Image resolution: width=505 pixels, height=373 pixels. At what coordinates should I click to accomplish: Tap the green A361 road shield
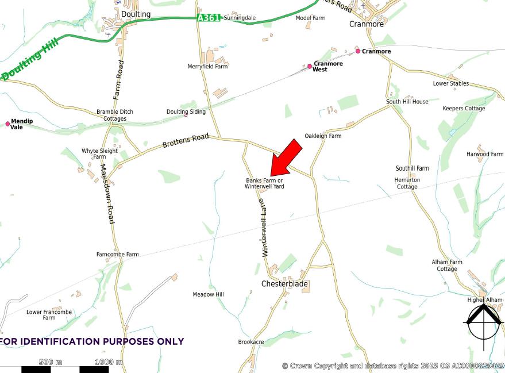point(208,18)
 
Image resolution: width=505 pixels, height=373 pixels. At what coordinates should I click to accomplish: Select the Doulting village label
point(136,14)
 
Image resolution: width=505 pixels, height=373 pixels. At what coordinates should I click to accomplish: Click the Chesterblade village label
point(284,284)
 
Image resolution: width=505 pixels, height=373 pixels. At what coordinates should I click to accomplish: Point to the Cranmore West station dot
point(310,67)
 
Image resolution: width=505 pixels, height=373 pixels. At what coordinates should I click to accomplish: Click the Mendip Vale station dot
point(7,124)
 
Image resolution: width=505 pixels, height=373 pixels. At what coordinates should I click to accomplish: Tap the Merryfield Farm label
point(207,67)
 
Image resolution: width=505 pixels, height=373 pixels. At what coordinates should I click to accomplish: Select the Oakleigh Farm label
point(323,136)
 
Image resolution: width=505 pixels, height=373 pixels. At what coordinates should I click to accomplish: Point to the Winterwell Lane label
point(264,228)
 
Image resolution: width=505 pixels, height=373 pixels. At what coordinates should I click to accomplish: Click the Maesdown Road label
point(108,194)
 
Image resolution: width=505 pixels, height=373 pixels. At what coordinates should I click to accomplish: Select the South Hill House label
point(407,102)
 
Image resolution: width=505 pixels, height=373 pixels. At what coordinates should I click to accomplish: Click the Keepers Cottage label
point(464,109)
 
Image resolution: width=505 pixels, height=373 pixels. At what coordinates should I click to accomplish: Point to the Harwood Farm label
point(484,154)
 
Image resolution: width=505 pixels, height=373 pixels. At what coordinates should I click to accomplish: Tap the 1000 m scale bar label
point(109,362)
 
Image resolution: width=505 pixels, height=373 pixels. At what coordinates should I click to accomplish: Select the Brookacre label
point(251,342)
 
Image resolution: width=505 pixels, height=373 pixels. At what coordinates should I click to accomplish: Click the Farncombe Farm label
point(118,255)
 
